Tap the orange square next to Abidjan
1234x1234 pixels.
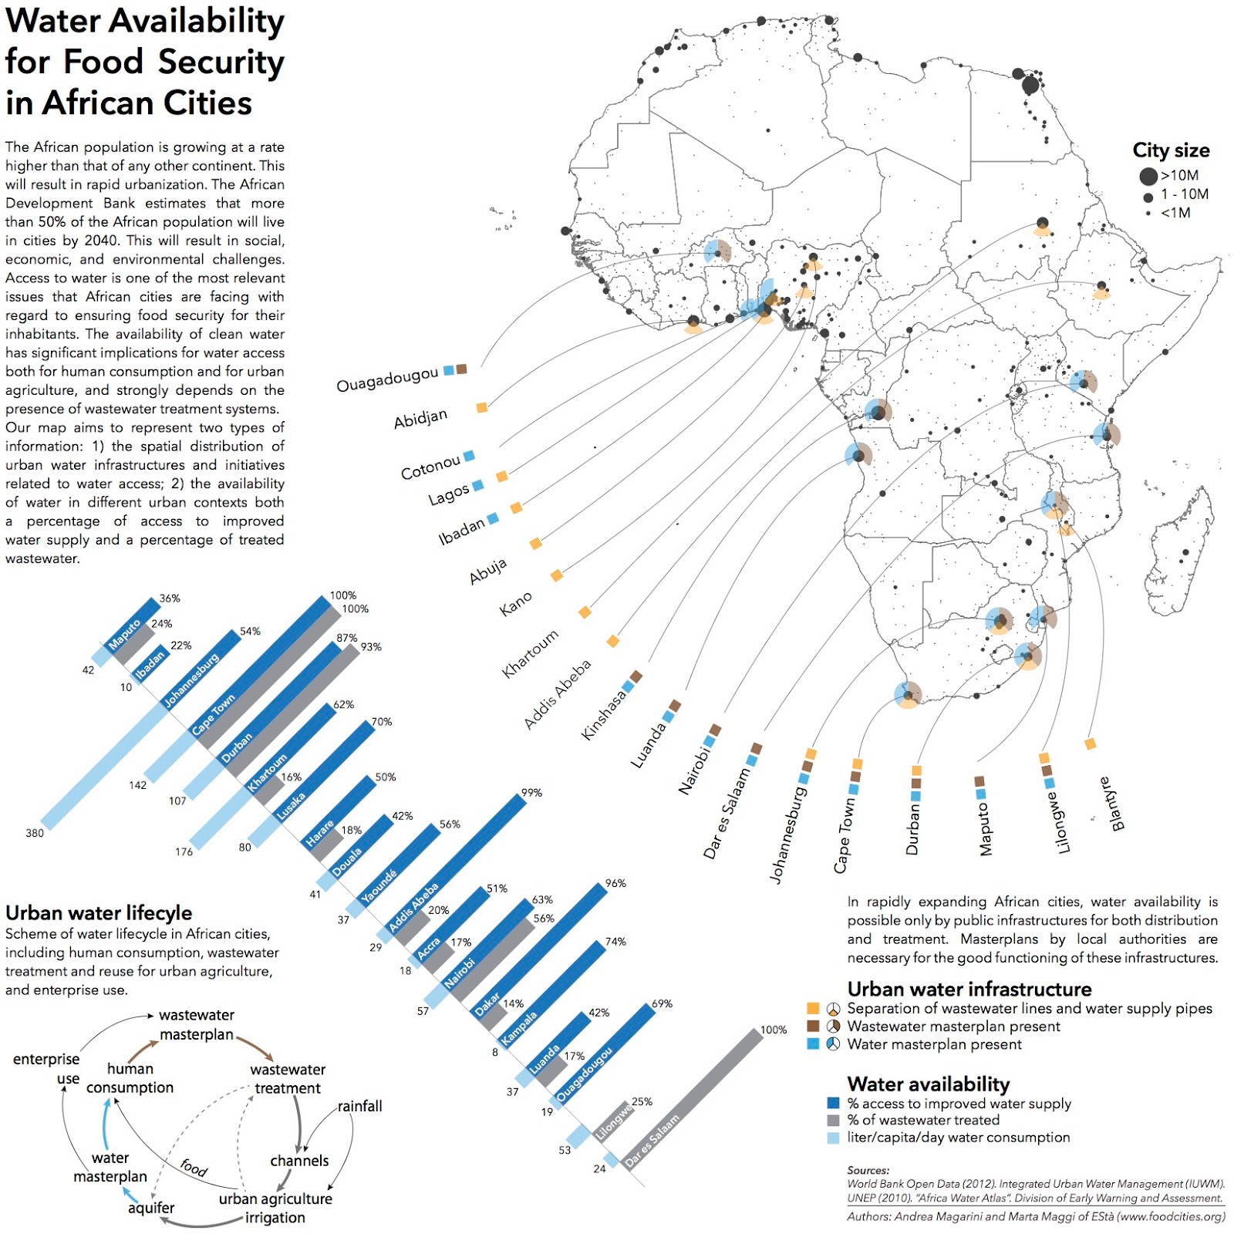pos(481,407)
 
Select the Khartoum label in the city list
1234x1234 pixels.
pos(530,654)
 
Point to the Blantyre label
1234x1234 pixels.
pos(1117,804)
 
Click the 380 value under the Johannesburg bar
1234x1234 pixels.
pos(35,833)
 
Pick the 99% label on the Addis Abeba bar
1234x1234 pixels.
pos(531,793)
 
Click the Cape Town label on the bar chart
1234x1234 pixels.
pos(213,716)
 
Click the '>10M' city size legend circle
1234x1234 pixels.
pos(1148,176)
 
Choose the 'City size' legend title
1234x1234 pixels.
pos(1170,150)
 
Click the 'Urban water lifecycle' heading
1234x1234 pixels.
pos(99,912)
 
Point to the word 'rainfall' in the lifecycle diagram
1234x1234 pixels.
pos(359,1106)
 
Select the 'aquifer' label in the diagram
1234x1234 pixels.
pos(151,1208)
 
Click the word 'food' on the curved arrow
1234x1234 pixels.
pos(194,1168)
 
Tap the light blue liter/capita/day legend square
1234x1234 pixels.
pos(833,1138)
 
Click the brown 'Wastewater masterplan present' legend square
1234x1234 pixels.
pos(813,1027)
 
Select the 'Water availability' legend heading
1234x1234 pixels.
pos(928,1084)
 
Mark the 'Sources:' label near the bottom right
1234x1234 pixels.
pos(868,1170)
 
